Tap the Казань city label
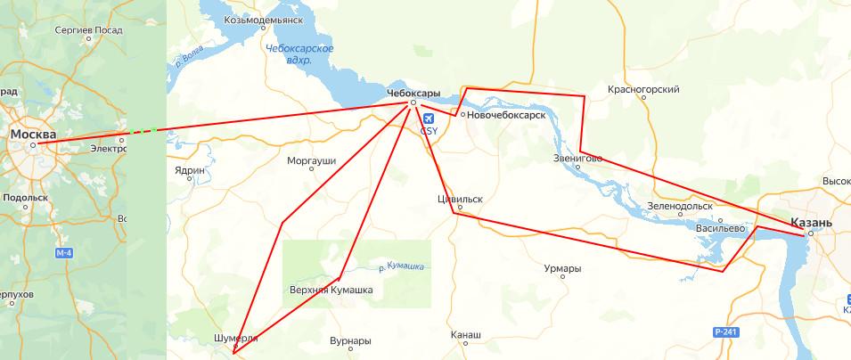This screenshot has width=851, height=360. (x=810, y=222)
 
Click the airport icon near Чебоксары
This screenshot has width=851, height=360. (x=429, y=118)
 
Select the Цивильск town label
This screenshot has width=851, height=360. (x=460, y=200)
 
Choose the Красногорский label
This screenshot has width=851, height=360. (x=643, y=89)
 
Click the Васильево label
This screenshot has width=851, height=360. (x=720, y=228)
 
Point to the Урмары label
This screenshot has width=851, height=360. (x=562, y=268)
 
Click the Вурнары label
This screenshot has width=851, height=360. (x=349, y=341)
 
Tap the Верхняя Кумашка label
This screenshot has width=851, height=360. (x=331, y=290)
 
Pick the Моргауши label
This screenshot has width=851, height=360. (x=312, y=161)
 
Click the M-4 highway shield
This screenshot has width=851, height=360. (x=63, y=254)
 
